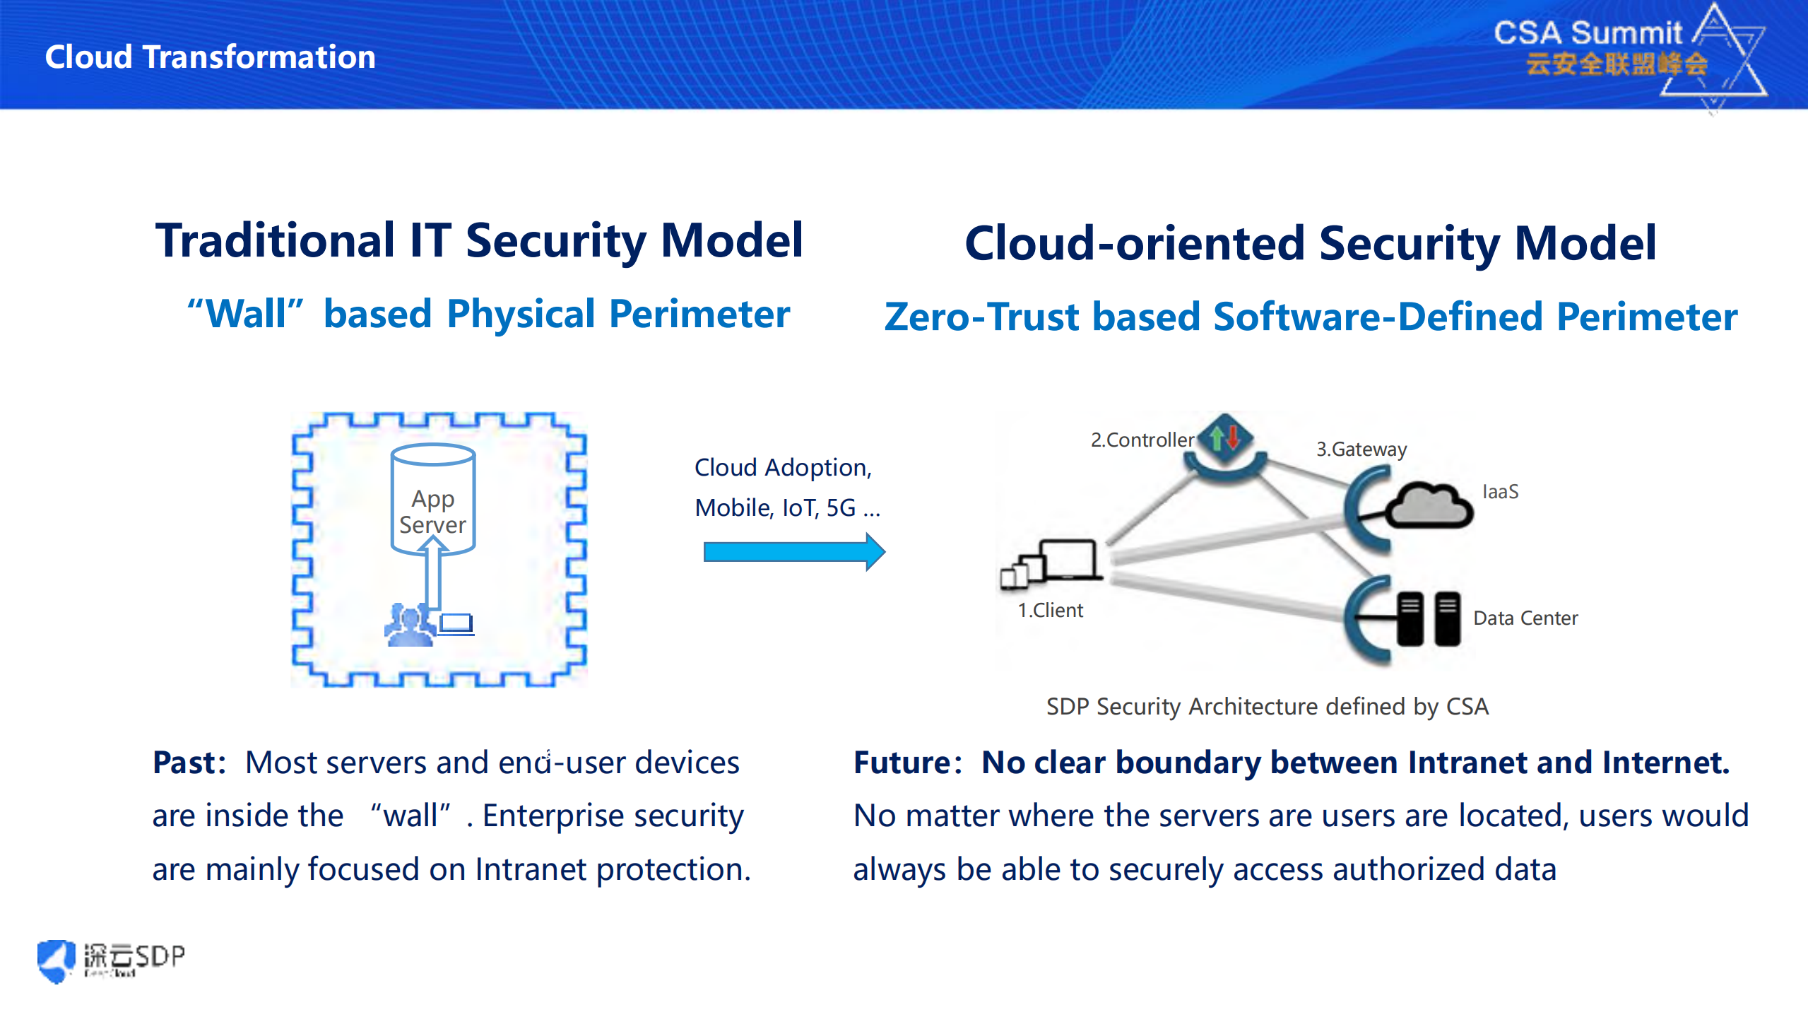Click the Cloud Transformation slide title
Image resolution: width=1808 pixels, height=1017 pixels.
[210, 57]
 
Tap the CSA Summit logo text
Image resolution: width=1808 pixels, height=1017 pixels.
[1588, 33]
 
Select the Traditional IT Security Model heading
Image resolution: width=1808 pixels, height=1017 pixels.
[479, 240]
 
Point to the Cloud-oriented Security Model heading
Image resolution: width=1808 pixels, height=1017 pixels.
[1310, 243]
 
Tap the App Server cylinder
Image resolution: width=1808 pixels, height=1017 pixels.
[432, 498]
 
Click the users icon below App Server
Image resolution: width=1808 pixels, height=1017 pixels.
[409, 624]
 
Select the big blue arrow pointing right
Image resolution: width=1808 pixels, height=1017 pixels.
[793, 551]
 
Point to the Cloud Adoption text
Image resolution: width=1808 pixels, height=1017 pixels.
[783, 467]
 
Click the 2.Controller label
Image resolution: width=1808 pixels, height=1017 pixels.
[1142, 440]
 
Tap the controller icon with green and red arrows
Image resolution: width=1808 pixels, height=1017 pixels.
[1225, 438]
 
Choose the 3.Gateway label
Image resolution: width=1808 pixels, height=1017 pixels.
[1361, 449]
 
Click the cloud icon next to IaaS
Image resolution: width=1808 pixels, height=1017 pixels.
[1429, 505]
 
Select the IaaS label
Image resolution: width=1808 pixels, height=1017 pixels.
[1500, 492]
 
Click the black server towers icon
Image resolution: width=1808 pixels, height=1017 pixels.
[1427, 618]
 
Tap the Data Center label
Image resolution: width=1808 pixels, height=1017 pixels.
[1525, 618]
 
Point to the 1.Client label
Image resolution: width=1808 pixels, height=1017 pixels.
[1050, 610]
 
